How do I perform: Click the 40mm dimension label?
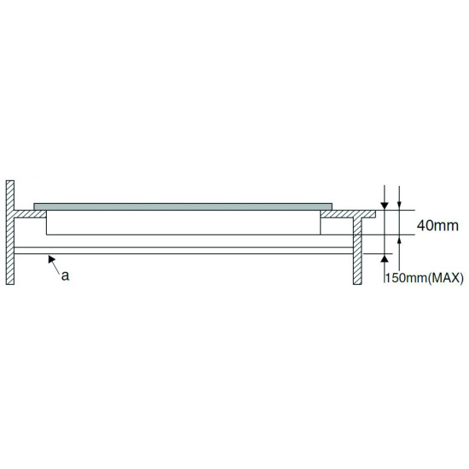click(437, 225)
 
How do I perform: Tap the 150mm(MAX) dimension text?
click(424, 278)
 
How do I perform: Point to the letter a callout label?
click(65, 275)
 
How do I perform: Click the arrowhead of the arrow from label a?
click(51, 258)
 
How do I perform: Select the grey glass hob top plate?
click(182, 206)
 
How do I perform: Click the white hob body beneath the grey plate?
click(183, 223)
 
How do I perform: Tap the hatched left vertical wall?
click(10, 233)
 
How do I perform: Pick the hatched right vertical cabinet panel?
click(357, 251)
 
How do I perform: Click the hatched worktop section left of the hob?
click(30, 214)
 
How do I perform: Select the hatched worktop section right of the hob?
click(348, 214)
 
